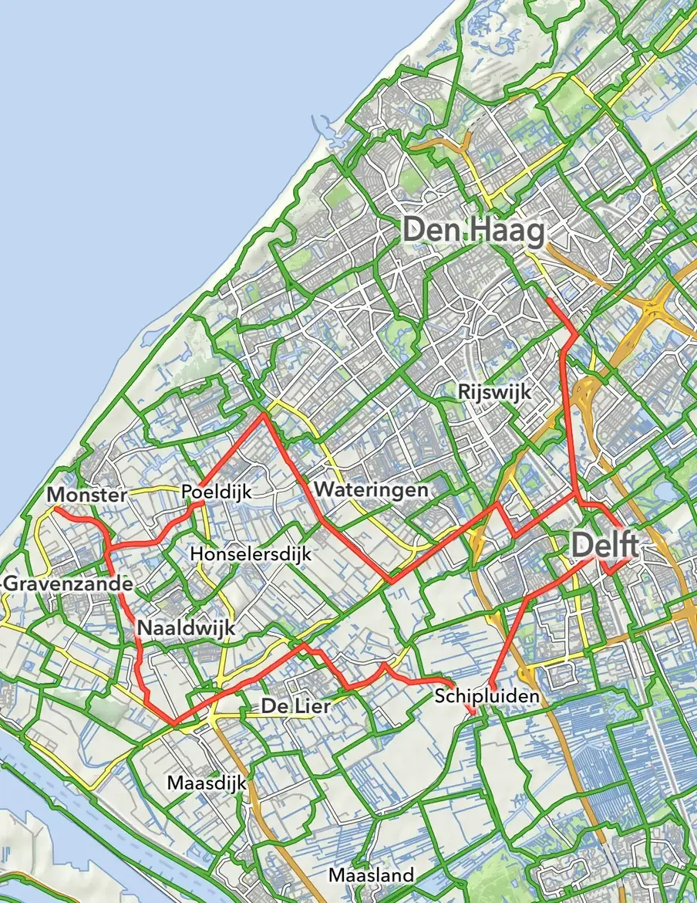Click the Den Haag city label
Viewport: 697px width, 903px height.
pyautogui.click(x=473, y=230)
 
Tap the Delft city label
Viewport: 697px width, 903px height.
pyautogui.click(x=604, y=546)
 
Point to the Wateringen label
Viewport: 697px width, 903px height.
pyautogui.click(x=370, y=489)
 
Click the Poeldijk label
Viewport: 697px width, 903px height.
pyautogui.click(x=216, y=492)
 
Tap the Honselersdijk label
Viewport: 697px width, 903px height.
pyautogui.click(x=250, y=554)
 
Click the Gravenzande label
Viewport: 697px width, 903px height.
pyautogui.click(x=68, y=584)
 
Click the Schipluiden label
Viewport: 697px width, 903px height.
pyautogui.click(x=486, y=696)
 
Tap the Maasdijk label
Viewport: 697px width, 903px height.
pyautogui.click(x=206, y=783)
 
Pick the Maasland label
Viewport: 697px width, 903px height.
pyautogui.click(x=371, y=875)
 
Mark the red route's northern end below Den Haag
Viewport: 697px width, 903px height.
pyautogui.click(x=547, y=298)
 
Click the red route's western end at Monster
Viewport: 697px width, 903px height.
pyautogui.click(x=54, y=509)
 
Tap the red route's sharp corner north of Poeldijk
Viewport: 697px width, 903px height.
pyautogui.click(x=264, y=414)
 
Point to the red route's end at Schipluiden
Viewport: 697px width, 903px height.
pyautogui.click(x=472, y=712)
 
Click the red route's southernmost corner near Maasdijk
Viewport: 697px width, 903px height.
pyautogui.click(x=174, y=724)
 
